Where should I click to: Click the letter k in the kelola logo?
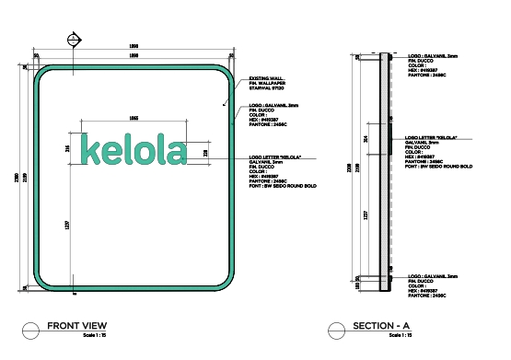(x=91, y=149)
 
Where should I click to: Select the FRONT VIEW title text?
(x=77, y=326)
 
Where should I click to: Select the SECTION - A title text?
(x=381, y=327)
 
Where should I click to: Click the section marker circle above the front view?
(x=73, y=39)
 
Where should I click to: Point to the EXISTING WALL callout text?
(x=268, y=78)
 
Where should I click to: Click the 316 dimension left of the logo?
(x=67, y=148)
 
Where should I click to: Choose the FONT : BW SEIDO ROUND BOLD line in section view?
(x=438, y=167)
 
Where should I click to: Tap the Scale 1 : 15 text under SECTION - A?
(x=399, y=336)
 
